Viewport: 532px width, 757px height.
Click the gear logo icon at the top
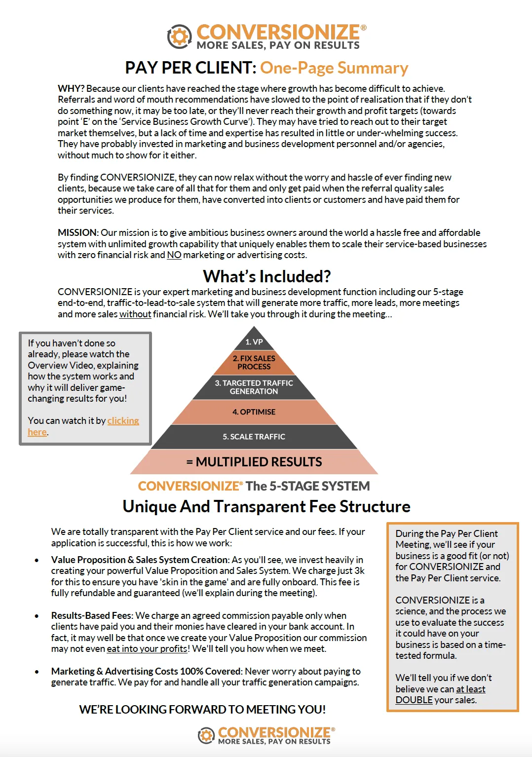179,37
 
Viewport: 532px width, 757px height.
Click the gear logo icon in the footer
206,735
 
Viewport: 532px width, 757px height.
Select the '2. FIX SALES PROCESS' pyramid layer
254,363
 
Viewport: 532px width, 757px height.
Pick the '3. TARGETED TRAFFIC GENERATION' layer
254,387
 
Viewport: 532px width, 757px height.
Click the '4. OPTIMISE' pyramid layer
254,412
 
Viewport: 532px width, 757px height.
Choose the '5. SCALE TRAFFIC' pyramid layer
254,437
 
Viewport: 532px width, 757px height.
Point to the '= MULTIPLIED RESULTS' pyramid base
254,462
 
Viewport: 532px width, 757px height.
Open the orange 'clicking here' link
123,421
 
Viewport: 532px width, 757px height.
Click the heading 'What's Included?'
266,276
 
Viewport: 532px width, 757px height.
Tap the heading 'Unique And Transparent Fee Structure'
266,507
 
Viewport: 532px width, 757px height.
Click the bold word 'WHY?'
71,89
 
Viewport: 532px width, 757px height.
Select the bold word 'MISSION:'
78,233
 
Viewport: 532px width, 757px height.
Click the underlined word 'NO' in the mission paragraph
174,255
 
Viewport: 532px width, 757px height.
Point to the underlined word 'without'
135,314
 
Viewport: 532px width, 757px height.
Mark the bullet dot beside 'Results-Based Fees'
37,616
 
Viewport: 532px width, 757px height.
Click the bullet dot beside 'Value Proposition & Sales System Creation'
37,561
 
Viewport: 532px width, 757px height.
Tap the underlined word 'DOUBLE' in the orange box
414,700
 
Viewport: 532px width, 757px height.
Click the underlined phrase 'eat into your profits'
147,649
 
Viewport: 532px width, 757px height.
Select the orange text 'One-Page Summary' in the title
334,68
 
